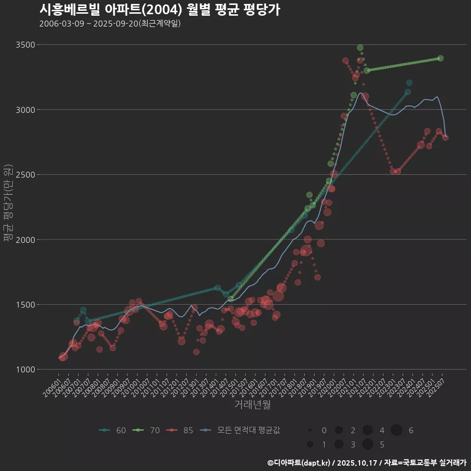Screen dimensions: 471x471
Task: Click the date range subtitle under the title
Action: click(110, 24)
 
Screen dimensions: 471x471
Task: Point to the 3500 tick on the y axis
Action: click(26, 45)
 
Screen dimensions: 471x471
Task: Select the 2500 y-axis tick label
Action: click(26, 175)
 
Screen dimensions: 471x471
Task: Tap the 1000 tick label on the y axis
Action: click(26, 369)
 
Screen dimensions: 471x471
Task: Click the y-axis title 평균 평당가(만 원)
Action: click(7, 203)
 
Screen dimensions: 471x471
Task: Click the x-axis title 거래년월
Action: click(252, 405)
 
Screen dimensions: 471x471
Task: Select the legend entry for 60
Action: click(112, 430)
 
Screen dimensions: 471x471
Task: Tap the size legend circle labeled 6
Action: click(396, 430)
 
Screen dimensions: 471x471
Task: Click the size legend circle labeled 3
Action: click(339, 445)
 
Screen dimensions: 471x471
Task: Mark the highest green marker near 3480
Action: click(360, 48)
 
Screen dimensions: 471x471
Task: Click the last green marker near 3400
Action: click(441, 58)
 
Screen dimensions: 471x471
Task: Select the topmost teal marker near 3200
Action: click(409, 83)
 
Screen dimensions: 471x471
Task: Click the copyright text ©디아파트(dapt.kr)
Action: click(299, 463)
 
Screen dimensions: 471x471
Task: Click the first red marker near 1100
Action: click(63, 357)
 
